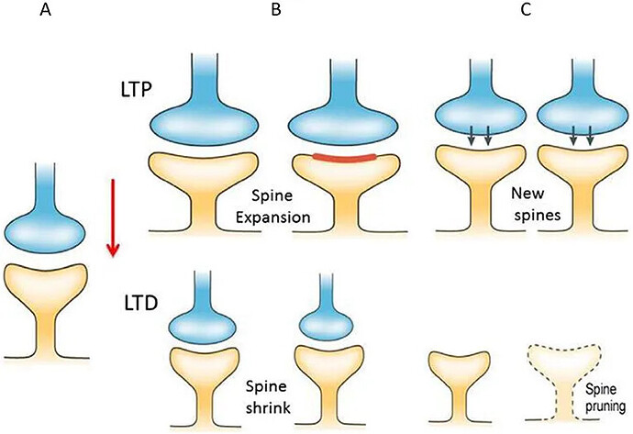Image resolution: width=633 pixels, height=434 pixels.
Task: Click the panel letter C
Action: (526, 12)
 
